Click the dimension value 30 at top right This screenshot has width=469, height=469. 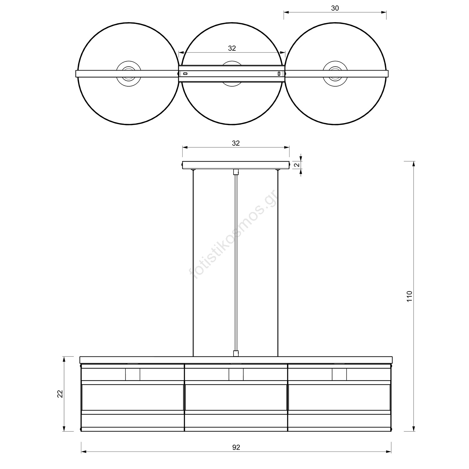(335, 8)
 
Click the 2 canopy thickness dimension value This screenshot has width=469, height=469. (297, 165)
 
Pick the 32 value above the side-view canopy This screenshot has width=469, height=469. (236, 143)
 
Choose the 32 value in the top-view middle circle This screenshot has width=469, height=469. (232, 48)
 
